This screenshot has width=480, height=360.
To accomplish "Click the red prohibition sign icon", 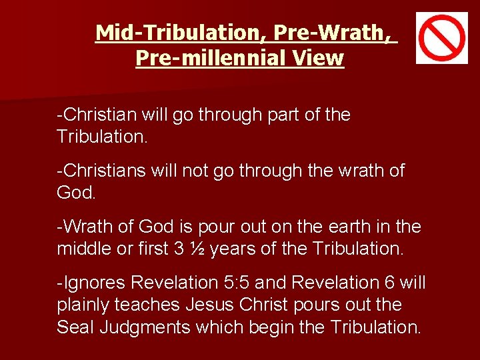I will click(442, 38).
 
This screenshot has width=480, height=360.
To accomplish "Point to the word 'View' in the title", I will click(317, 58).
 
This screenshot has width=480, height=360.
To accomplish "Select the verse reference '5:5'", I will click(239, 283).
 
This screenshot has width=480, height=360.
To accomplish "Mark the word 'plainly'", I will click(87, 305).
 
